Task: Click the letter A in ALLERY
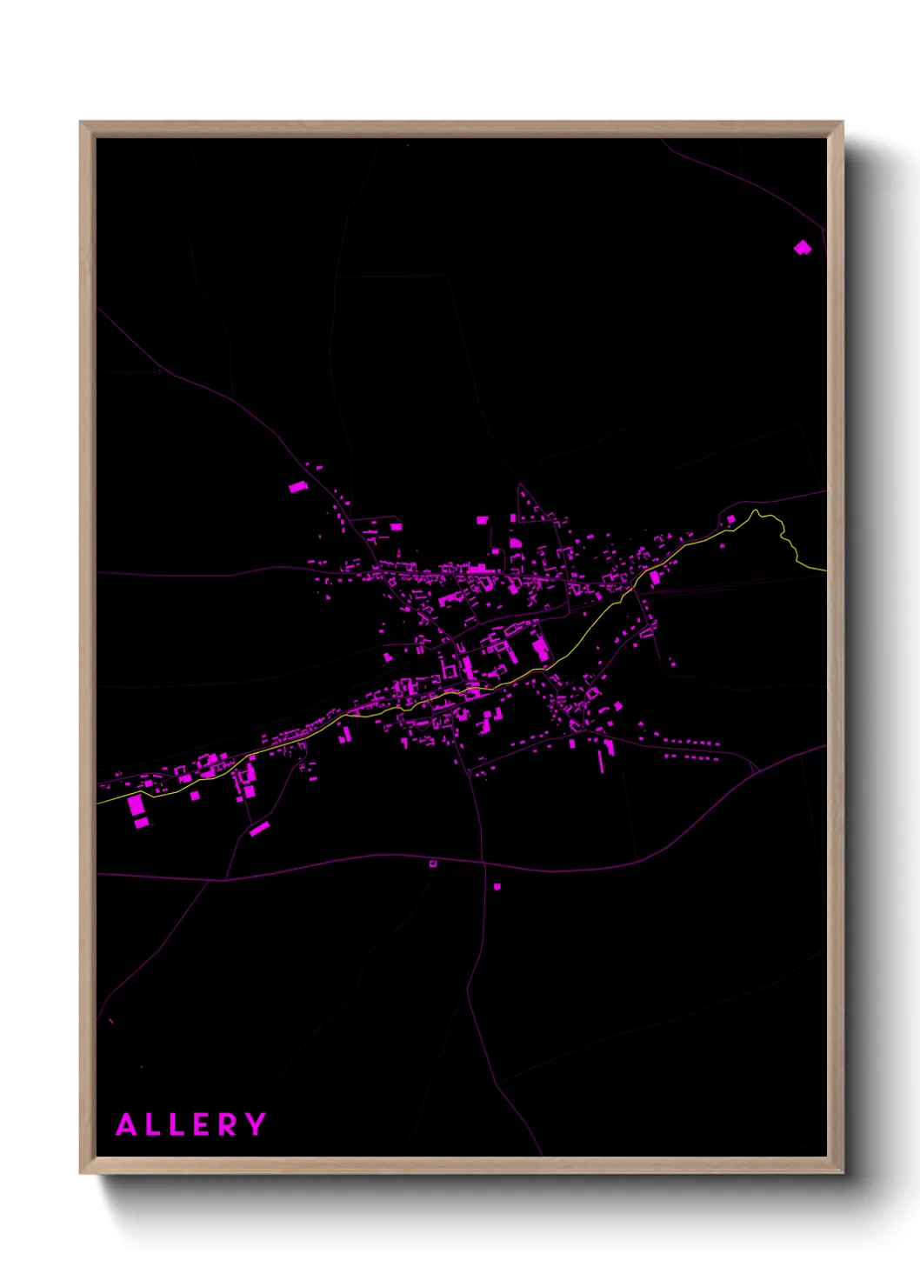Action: (127, 1124)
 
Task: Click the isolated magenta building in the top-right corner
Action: (802, 248)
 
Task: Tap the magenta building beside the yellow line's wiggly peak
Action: (731, 519)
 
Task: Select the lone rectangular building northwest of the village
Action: (298, 487)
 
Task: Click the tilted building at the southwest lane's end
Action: (259, 829)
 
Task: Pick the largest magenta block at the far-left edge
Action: (137, 805)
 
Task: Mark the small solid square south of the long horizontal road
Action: (497, 887)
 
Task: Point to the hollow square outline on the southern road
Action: (433, 864)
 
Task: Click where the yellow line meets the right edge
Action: (824, 570)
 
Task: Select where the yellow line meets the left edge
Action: (98, 803)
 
